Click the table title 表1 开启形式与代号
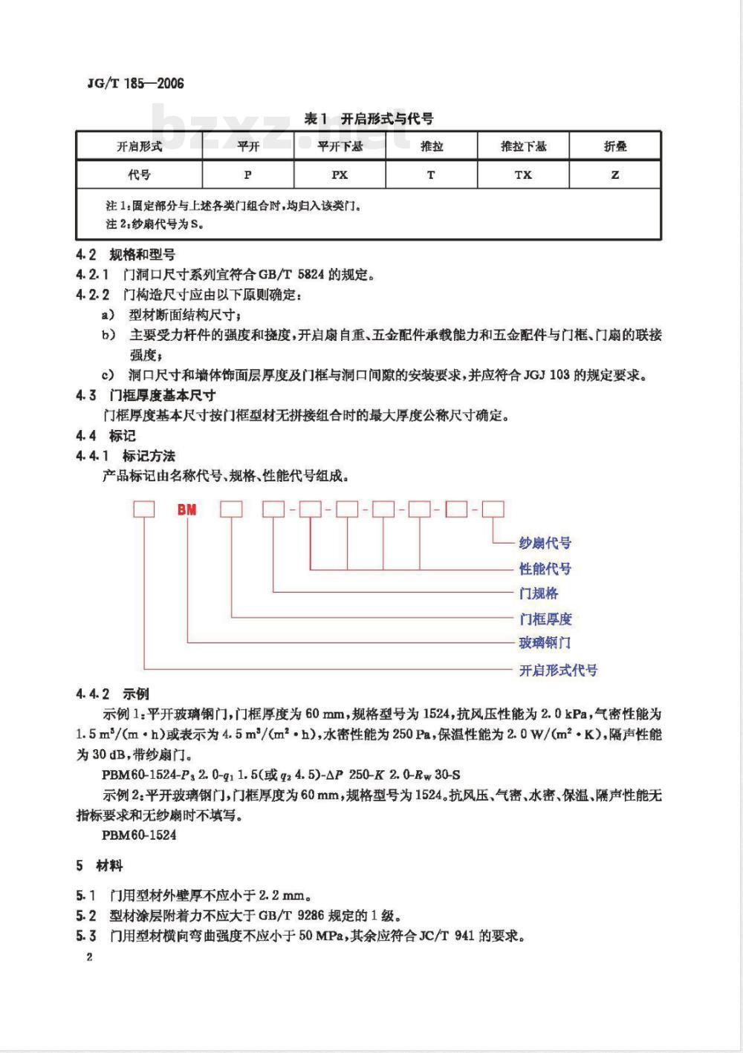pyautogui.click(x=369, y=118)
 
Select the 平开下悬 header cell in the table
pyautogui.click(x=340, y=146)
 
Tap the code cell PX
pyautogui.click(x=340, y=175)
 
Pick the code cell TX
pyautogui.click(x=523, y=175)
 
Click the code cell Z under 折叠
pyautogui.click(x=615, y=175)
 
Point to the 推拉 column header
pyautogui.click(x=431, y=146)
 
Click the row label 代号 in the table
pyautogui.click(x=139, y=175)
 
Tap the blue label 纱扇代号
pyautogui.click(x=545, y=543)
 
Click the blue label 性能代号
pyautogui.click(x=545, y=569)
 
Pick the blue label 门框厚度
pyautogui.click(x=545, y=619)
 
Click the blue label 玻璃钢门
pyautogui.click(x=545, y=642)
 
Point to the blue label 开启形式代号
pyautogui.click(x=557, y=670)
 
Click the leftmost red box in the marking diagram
pyautogui.click(x=143, y=509)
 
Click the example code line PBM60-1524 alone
pyautogui.click(x=140, y=835)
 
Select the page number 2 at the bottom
pyautogui.click(x=89, y=957)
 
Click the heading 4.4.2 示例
pyautogui.click(x=113, y=694)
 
